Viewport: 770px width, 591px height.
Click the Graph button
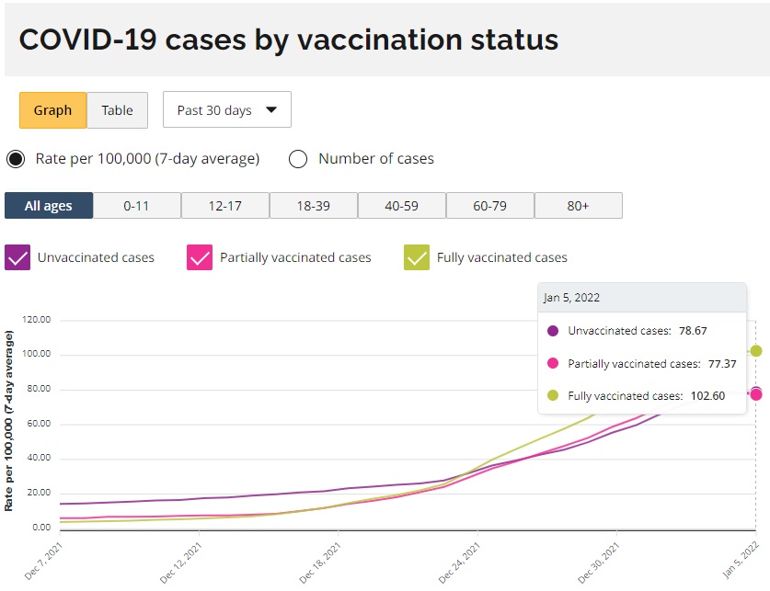click(52, 110)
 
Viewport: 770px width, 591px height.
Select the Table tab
click(117, 110)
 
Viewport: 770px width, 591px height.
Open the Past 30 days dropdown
click(227, 110)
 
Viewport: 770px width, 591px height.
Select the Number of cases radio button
click(298, 159)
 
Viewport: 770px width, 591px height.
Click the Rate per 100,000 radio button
click(16, 159)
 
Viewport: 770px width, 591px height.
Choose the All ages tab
click(49, 206)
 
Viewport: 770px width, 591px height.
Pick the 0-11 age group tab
click(136, 206)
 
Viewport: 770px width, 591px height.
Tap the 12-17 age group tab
click(224, 206)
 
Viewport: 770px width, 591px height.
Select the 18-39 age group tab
click(313, 206)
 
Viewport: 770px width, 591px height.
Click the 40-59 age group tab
click(401, 206)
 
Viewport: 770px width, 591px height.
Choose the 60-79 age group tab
click(489, 206)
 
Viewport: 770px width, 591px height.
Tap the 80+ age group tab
click(578, 206)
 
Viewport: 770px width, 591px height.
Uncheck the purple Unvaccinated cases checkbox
click(17, 257)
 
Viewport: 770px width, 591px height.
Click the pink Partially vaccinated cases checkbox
click(200, 257)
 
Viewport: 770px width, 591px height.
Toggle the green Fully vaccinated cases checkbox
click(417, 257)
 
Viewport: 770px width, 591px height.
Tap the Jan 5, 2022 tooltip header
click(571, 298)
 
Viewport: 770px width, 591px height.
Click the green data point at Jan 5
click(756, 350)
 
